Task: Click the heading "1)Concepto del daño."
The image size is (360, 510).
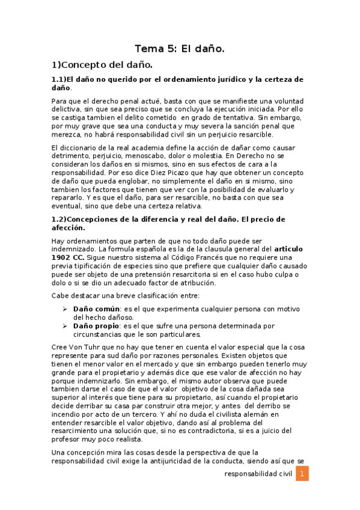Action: coord(102,64)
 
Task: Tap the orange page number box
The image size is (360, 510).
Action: coord(303,474)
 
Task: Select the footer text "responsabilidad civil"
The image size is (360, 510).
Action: coord(258,474)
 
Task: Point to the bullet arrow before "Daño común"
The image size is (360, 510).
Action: coord(66,309)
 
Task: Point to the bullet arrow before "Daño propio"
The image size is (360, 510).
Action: coord(66,325)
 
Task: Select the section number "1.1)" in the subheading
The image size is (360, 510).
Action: coord(59,79)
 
